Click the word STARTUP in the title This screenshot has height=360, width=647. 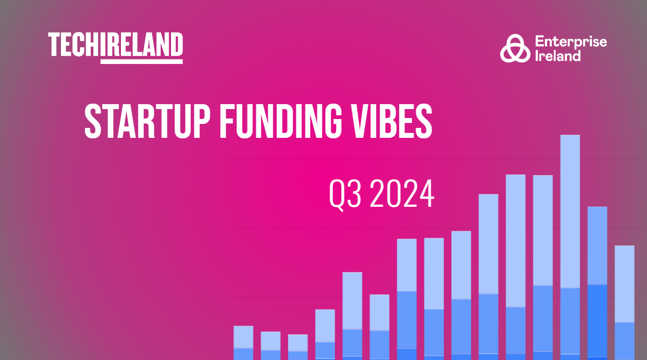[147, 121]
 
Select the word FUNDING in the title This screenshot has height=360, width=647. [281, 121]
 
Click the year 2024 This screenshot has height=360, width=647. [402, 193]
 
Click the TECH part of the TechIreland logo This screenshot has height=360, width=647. [74, 44]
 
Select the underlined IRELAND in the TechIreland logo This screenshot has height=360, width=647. [141, 44]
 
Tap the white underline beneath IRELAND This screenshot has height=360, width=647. [141, 61]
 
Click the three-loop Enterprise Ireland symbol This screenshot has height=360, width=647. [515, 48]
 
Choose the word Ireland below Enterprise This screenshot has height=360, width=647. [558, 56]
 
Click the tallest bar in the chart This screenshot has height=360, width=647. [570, 247]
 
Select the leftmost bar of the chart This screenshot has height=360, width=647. [243, 343]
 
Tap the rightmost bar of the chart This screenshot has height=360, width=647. [625, 303]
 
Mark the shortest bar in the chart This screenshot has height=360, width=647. [298, 347]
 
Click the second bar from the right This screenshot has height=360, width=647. [597, 283]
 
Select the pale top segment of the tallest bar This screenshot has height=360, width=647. [570, 211]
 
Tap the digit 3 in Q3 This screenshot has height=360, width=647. [354, 193]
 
